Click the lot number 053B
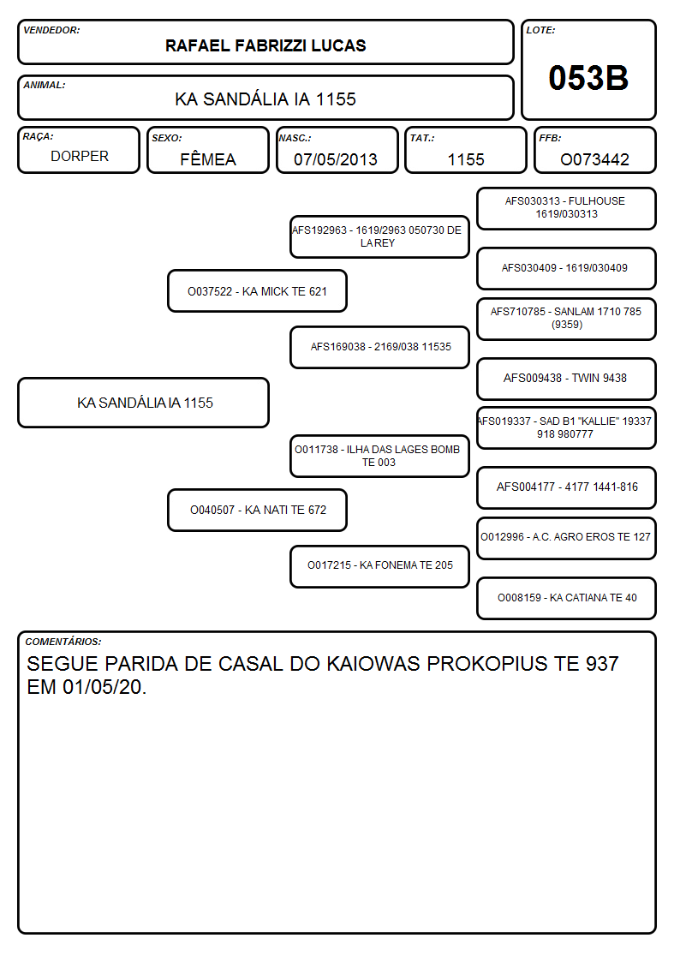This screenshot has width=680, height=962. tap(588, 78)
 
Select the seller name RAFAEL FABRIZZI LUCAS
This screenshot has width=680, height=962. tap(265, 45)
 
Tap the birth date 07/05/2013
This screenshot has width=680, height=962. tap(336, 159)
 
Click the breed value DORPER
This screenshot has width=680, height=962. tap(80, 157)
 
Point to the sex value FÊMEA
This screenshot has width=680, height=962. tap(208, 158)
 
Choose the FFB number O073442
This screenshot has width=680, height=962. tap(594, 159)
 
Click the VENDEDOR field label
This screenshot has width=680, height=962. tap(51, 30)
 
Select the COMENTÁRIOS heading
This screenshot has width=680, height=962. tap(63, 642)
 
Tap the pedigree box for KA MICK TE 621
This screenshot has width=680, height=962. tap(258, 291)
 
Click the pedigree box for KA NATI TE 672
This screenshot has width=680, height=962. tap(258, 510)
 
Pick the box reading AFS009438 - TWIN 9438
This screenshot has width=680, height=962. tap(567, 379)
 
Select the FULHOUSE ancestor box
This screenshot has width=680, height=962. tap(567, 209)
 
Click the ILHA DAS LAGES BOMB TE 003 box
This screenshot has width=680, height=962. tap(379, 457)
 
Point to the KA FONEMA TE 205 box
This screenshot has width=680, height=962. tap(379, 566)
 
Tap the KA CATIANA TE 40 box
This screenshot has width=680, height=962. tap(567, 598)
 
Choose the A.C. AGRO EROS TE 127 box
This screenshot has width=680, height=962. tap(567, 538)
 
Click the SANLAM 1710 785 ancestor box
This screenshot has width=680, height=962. tap(567, 319)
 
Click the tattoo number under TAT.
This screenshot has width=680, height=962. tap(466, 159)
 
